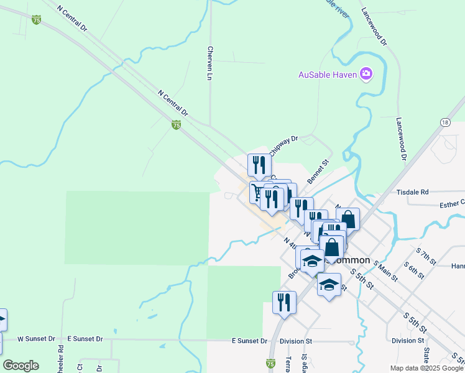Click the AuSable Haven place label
pyautogui.click(x=327, y=75)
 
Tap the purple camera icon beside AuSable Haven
pyautogui.click(x=366, y=75)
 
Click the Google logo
pyautogui.click(x=21, y=365)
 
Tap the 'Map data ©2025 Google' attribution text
pyautogui.click(x=426, y=368)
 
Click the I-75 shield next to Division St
pyautogui.click(x=270, y=362)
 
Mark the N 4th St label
pyautogui.click(x=291, y=245)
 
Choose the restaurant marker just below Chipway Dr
pyautogui.click(x=259, y=165)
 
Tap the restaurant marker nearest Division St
pyautogui.click(x=284, y=302)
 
